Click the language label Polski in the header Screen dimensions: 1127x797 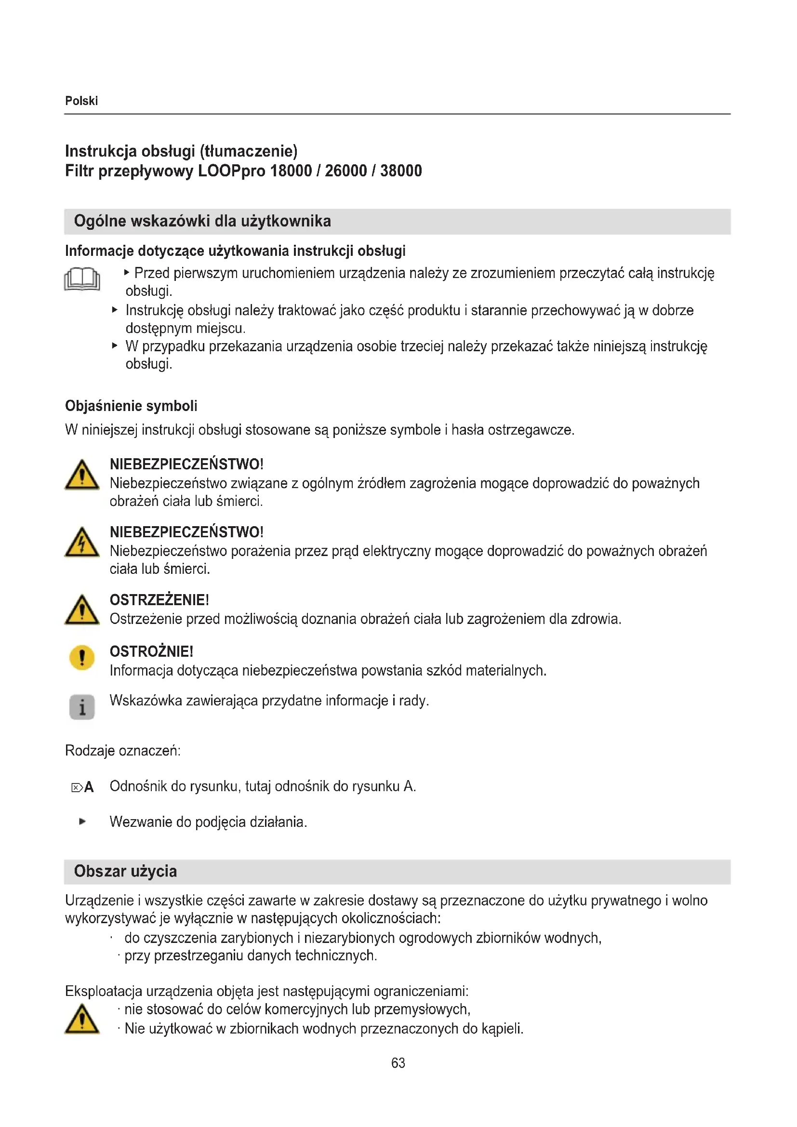(x=81, y=101)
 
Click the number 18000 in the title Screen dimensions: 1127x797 (x=291, y=171)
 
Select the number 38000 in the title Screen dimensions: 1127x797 (x=401, y=171)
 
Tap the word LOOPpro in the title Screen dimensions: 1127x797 (x=231, y=171)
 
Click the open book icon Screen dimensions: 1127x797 (x=82, y=279)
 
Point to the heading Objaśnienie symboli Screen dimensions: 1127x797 (x=131, y=406)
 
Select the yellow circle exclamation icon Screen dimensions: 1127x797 (x=82, y=658)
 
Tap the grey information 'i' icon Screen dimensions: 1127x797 (x=82, y=707)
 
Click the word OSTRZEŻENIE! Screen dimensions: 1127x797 (x=159, y=600)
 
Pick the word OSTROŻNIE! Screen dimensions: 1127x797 (x=152, y=651)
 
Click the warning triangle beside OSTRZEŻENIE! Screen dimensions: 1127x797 (x=82, y=610)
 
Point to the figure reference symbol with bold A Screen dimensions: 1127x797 (x=82, y=788)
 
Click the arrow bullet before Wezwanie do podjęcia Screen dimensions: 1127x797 (x=82, y=822)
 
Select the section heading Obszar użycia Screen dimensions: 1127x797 (x=125, y=871)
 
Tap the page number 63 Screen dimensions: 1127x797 (x=398, y=1063)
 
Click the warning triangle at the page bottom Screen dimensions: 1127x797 (x=82, y=1020)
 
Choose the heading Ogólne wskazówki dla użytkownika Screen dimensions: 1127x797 (x=202, y=221)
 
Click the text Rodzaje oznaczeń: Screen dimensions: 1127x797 (x=123, y=751)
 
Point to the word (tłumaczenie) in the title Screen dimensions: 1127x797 (x=248, y=151)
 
